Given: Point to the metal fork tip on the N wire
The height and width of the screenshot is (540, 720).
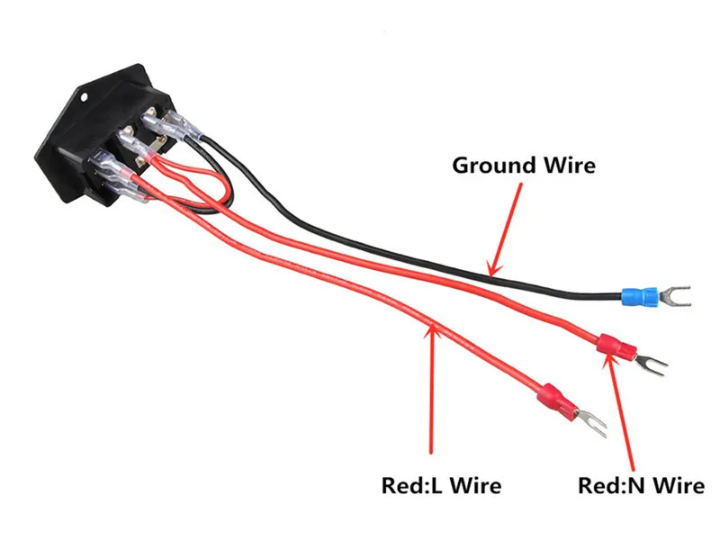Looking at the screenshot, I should click(x=650, y=361).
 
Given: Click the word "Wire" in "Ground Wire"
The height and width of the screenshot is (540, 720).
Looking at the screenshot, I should click(x=568, y=166).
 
